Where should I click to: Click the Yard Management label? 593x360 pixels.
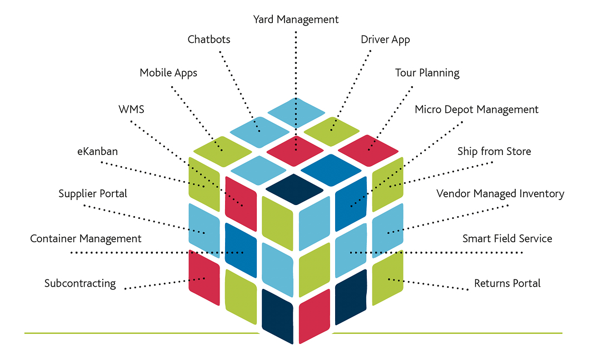pos(296,19)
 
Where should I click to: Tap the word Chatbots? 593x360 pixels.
pos(209,39)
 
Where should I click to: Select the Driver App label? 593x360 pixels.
pos(385,39)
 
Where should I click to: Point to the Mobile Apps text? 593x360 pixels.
pos(168,73)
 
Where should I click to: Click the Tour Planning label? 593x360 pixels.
pos(427,73)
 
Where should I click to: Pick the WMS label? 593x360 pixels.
pos(131,109)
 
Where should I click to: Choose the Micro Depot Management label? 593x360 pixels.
pos(477,109)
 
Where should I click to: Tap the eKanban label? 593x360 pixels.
pos(98,151)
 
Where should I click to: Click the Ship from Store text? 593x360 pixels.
pos(494,151)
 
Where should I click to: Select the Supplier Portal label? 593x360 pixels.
pos(93,194)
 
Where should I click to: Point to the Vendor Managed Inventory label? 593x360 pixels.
pos(500,194)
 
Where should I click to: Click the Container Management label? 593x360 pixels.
pos(86,239)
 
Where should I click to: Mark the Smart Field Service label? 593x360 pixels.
pos(507,239)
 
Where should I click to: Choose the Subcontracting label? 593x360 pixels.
pos(80,283)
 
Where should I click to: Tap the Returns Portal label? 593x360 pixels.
pos(507,283)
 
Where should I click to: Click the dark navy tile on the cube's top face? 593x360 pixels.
pos(295,189)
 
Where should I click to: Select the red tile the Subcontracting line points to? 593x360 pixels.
pos(205,277)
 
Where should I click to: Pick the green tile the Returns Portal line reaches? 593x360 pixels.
pos(387,277)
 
